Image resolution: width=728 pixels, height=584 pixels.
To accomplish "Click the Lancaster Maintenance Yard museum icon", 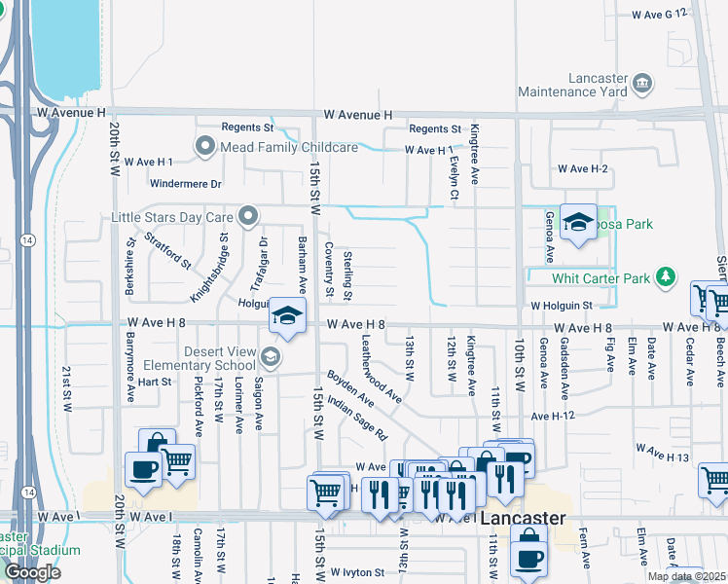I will [x=642, y=83].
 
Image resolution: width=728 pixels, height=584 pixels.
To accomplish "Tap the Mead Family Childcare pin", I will [x=204, y=147].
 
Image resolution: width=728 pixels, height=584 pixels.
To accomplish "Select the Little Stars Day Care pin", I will [x=249, y=216].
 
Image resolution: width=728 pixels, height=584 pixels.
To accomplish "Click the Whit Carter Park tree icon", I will [x=666, y=278].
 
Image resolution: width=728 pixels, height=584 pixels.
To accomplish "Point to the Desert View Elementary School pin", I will [x=271, y=357].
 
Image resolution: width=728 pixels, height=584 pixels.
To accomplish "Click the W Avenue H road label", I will [x=71, y=113].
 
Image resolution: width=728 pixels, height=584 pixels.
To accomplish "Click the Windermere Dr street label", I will [x=187, y=183].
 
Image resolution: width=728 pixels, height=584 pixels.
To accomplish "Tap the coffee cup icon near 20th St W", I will [x=144, y=469].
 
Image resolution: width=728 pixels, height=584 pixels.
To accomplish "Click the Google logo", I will [x=32, y=572].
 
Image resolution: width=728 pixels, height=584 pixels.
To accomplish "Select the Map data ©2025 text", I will [x=685, y=576].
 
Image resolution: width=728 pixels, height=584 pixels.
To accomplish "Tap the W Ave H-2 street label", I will [x=582, y=169].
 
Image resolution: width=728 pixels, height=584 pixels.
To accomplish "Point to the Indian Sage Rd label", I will [x=356, y=418].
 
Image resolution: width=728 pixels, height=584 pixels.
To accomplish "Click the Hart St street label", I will [x=154, y=382].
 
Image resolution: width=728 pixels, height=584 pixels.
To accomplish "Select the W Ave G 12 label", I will [x=659, y=15].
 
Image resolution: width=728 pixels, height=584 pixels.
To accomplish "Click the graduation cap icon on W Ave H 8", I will [x=287, y=315].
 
